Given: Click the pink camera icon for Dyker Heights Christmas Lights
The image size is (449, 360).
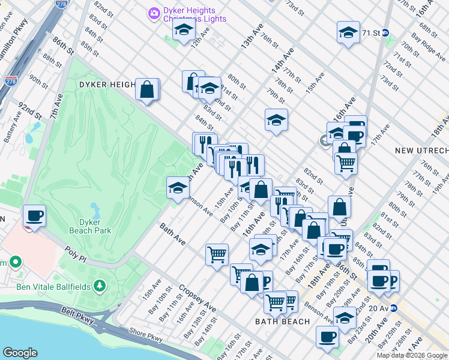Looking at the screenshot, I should point(154,13).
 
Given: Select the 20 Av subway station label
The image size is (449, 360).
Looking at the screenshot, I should point(382,308).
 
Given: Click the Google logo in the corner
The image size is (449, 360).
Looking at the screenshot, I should point(20,352).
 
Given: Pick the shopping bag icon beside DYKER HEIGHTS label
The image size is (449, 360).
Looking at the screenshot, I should point(147,90).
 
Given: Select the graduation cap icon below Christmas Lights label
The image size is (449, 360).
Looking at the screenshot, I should point(183,30).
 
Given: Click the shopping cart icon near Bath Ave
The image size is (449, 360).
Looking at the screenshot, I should point(217,254).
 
